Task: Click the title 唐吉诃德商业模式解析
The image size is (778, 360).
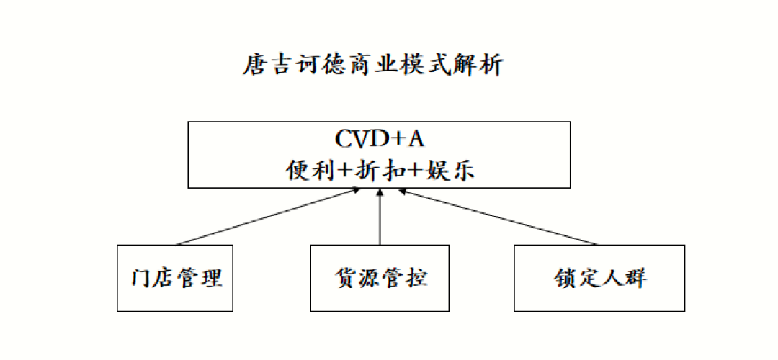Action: pos(372,66)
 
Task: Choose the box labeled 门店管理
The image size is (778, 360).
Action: pos(175,278)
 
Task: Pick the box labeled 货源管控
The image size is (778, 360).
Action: pos(380,278)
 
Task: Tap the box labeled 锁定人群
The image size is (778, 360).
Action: pos(599,278)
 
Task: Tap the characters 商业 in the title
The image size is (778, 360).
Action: pos(372,66)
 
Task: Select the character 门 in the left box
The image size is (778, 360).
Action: pos(142,278)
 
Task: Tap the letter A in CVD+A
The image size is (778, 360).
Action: pos(417,138)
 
